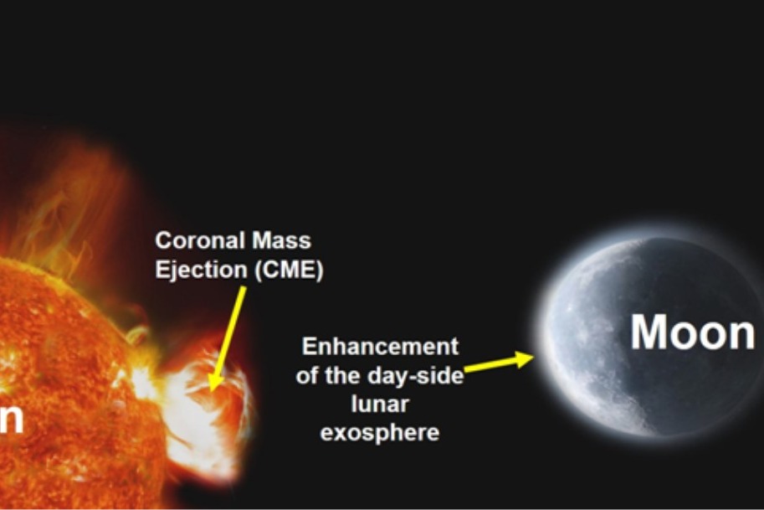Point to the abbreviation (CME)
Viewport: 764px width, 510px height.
click(x=285, y=271)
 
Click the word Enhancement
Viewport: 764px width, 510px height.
click(x=380, y=347)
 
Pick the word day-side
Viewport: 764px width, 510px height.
click(x=421, y=376)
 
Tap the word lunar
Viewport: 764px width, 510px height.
click(x=380, y=404)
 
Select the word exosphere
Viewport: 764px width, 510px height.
click(x=380, y=433)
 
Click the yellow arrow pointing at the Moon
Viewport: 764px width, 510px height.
click(x=499, y=363)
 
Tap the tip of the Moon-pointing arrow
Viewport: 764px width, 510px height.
click(x=532, y=358)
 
